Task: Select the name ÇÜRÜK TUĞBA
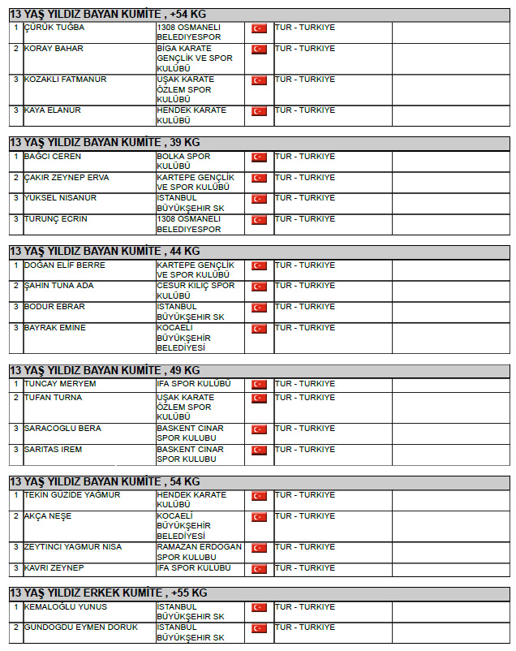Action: pos(54,28)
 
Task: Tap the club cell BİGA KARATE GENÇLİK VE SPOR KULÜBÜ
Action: pos(195,58)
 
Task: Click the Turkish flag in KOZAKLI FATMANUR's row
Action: pos(259,80)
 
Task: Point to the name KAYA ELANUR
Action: pos(52,110)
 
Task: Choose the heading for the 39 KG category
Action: pos(105,142)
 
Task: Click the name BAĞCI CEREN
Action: pos(53,157)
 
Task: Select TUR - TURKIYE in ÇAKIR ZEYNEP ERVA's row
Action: pos(304,178)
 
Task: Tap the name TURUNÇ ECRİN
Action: pos(56,219)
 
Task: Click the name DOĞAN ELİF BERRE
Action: pos(65,265)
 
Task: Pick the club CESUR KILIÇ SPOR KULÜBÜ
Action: pos(196,291)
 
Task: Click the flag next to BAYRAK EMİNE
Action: pos(259,329)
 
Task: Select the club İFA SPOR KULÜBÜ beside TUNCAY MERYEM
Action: pos(194,384)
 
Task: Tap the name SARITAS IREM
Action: pos(53,450)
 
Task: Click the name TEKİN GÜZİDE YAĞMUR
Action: pos(72,495)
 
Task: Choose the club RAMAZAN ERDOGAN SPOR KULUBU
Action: pos(199,552)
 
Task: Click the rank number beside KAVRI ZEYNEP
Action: pos(15,568)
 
